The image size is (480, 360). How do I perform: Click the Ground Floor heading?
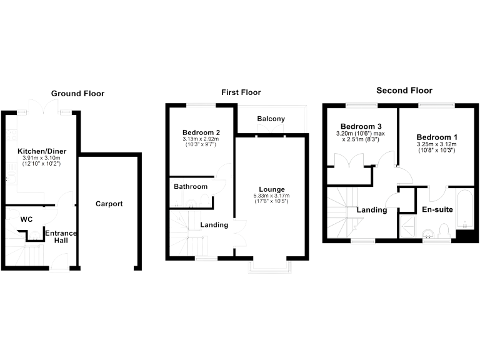coord(77,94)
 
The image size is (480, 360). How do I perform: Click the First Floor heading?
coord(241,92)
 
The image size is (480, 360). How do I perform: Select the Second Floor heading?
coord(404,91)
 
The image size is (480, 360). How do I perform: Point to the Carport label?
coord(109,204)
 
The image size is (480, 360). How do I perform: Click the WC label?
coord(26,219)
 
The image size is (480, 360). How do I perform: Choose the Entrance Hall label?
coord(61,237)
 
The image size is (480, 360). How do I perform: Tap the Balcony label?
coord(271,119)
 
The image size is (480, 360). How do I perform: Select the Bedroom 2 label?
coord(201,132)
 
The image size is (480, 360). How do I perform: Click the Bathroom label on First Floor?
coord(190,186)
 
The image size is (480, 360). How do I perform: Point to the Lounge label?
coord(272,189)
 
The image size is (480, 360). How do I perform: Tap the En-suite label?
coord(437,209)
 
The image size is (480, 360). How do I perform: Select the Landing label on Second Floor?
coord(372,210)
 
